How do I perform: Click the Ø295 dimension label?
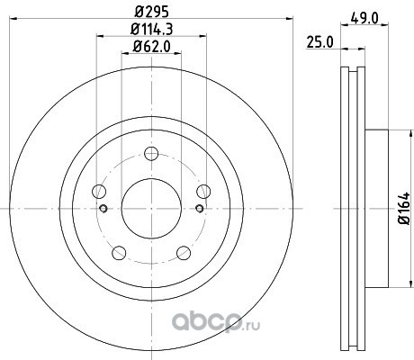(x=151, y=12)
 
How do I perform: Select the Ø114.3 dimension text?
(x=152, y=29)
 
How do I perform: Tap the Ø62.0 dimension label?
(x=151, y=47)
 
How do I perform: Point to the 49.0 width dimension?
(x=364, y=19)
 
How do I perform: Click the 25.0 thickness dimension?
(x=319, y=42)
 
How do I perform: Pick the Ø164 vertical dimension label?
(x=404, y=208)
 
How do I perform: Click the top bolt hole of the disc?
(x=151, y=154)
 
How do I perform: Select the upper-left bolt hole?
(x=99, y=192)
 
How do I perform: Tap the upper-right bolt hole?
(x=203, y=192)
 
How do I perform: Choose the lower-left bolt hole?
(x=119, y=253)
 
